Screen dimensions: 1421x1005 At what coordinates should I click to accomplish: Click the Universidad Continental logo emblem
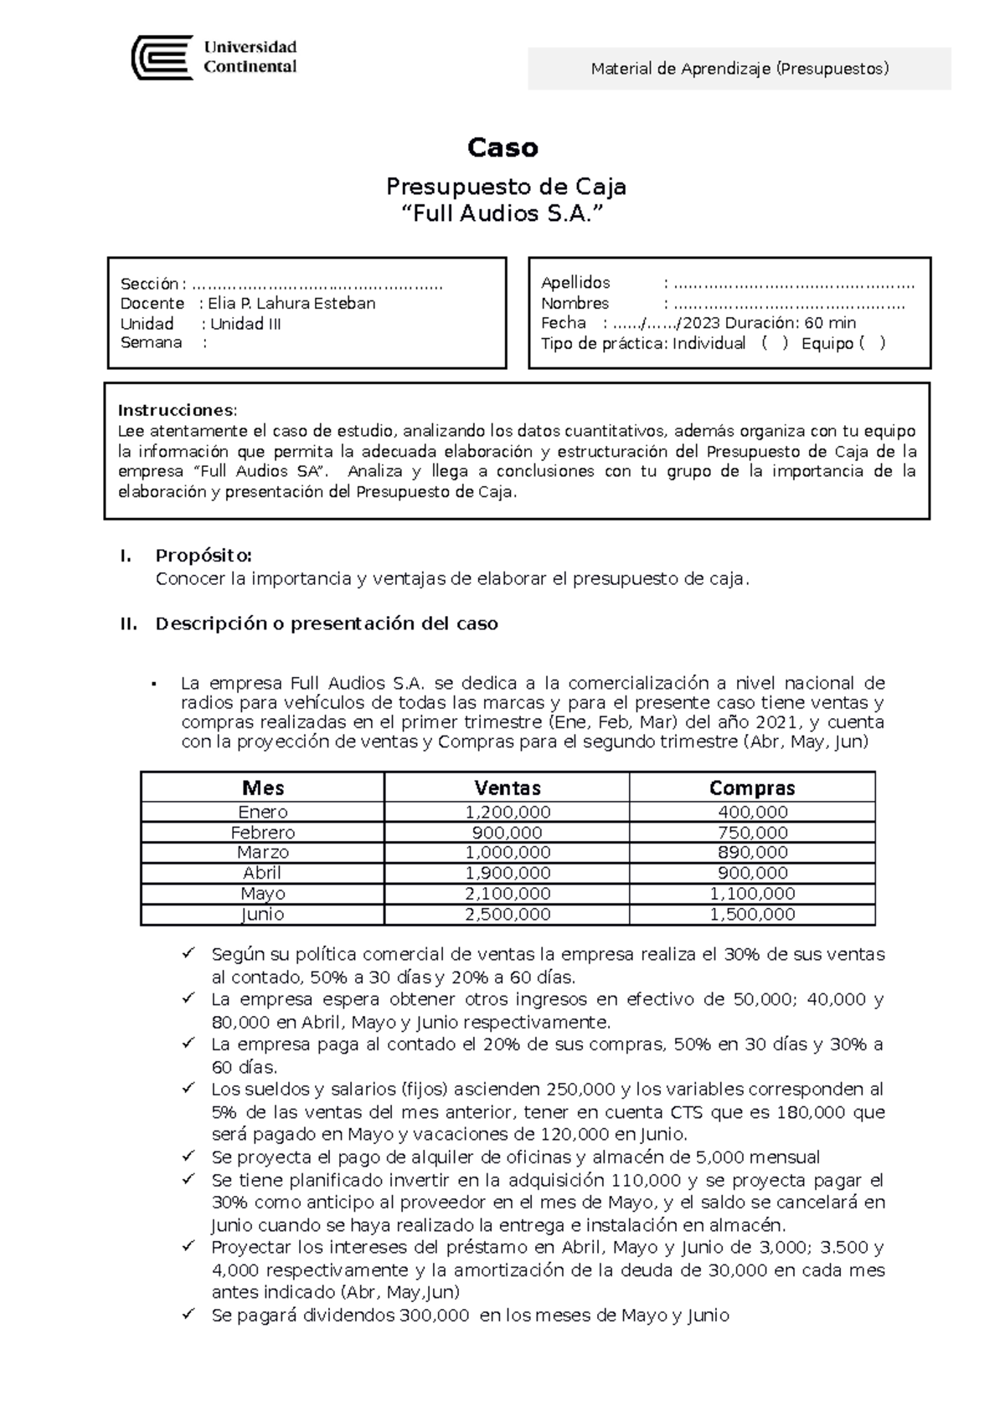coord(162,57)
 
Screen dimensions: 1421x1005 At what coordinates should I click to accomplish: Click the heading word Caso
coord(502,148)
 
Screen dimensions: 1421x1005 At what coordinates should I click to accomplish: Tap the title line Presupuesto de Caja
coord(504,186)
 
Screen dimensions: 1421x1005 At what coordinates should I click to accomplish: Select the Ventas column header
coord(507,787)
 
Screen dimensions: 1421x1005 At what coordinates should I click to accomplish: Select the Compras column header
coord(751,787)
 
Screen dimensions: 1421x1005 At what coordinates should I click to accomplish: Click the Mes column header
coord(263,787)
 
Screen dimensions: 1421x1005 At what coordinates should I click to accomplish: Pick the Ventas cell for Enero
coord(507,812)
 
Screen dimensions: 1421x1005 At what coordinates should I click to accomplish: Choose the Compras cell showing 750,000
coord(752,833)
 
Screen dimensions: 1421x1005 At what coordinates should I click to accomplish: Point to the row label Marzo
coord(263,853)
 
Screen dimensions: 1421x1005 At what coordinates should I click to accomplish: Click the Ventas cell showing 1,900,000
coord(507,873)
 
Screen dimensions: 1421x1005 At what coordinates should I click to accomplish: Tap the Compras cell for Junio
coord(752,914)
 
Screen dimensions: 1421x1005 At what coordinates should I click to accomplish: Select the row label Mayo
coord(263,894)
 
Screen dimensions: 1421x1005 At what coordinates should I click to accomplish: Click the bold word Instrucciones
coord(177,410)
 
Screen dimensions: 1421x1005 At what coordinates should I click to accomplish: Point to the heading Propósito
coord(203,556)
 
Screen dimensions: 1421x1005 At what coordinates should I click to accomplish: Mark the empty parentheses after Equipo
coord(872,343)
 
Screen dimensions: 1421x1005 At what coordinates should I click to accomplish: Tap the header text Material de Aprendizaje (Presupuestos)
coord(740,69)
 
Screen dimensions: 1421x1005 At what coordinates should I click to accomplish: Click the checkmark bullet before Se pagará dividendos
coord(188,1315)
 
